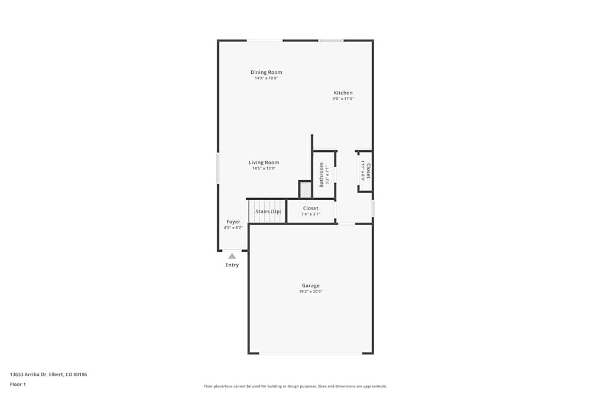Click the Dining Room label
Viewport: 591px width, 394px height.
click(266, 72)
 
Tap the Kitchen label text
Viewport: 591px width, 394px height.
click(343, 93)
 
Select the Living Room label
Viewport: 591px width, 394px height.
click(264, 162)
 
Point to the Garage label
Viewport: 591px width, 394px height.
click(310, 286)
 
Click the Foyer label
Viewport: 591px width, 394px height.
click(233, 222)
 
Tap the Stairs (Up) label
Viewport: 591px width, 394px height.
click(268, 211)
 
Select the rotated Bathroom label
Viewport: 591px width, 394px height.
click(322, 174)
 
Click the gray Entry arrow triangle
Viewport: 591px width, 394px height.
click(232, 256)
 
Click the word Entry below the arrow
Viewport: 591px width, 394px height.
click(232, 265)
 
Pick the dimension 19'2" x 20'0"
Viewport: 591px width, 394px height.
click(310, 292)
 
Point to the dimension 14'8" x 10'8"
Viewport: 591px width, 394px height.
click(266, 78)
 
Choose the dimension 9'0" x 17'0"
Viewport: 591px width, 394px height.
click(343, 99)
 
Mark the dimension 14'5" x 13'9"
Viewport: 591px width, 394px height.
click(264, 168)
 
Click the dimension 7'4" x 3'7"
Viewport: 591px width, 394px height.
click(310, 214)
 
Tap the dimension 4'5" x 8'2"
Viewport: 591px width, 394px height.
click(233, 227)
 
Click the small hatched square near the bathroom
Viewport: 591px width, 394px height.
click(306, 190)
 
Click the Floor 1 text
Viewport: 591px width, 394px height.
click(18, 384)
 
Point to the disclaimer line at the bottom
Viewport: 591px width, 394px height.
click(295, 386)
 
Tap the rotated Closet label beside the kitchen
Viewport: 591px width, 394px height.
click(368, 171)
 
